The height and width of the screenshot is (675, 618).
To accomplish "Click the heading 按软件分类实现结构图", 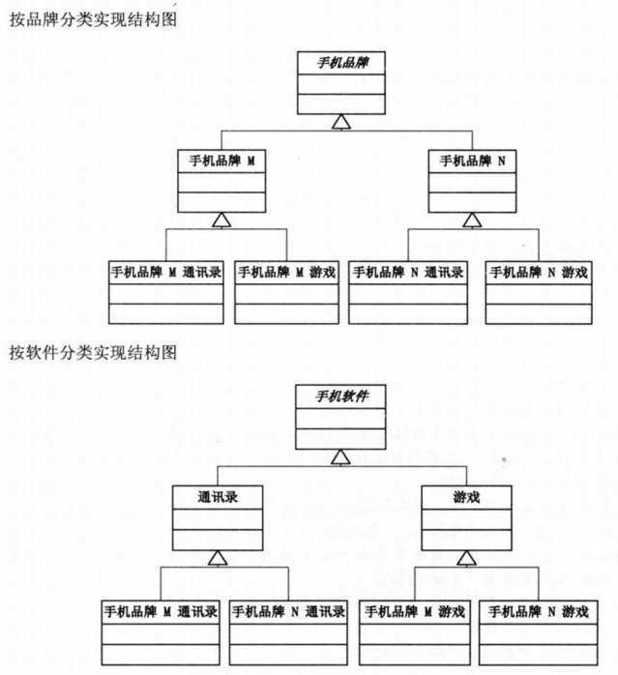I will point(93,354).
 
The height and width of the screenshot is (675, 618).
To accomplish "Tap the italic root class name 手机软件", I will point(338,397).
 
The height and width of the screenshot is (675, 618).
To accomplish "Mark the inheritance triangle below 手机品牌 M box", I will point(221,220).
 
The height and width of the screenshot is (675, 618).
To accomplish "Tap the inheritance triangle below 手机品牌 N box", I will point(472,220).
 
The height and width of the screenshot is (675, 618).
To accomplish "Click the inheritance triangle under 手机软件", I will point(338,455).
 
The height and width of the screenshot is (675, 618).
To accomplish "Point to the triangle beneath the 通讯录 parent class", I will point(218,558).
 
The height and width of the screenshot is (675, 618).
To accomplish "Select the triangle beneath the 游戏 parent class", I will point(466,558).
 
